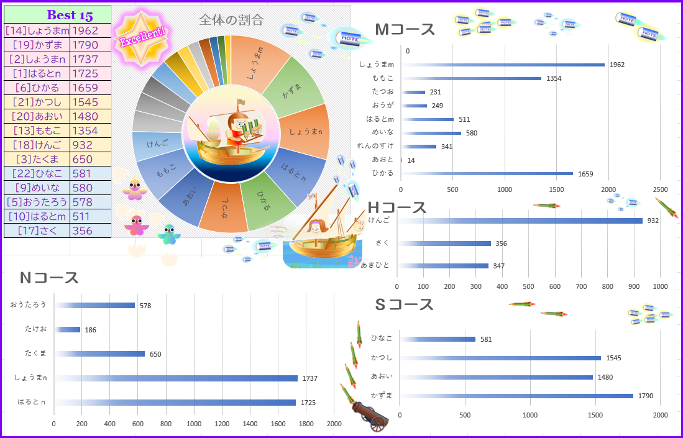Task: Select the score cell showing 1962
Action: (x=90, y=30)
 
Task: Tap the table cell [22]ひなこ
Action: (x=37, y=173)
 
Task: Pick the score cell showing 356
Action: (x=90, y=230)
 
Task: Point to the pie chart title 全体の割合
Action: (x=227, y=21)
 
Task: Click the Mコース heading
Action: (x=405, y=30)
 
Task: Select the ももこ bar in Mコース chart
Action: (x=472, y=78)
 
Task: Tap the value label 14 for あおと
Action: (x=411, y=160)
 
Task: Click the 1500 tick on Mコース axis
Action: (x=556, y=189)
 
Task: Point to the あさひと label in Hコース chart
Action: (x=375, y=265)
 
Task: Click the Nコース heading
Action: (x=49, y=278)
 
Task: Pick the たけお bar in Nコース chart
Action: (x=67, y=329)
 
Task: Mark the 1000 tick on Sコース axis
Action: (x=531, y=415)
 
